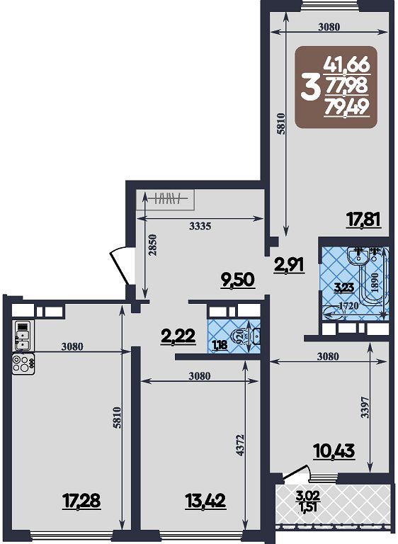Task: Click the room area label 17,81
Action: point(364,220)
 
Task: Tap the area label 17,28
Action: point(81,501)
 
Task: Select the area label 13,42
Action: point(206,501)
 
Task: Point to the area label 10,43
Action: point(334,451)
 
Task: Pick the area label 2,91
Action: point(289,266)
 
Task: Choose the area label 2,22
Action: point(178,336)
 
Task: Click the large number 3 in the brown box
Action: point(309,88)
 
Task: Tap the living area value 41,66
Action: point(346,66)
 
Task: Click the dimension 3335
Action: point(200,227)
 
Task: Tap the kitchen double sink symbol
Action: point(22,336)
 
